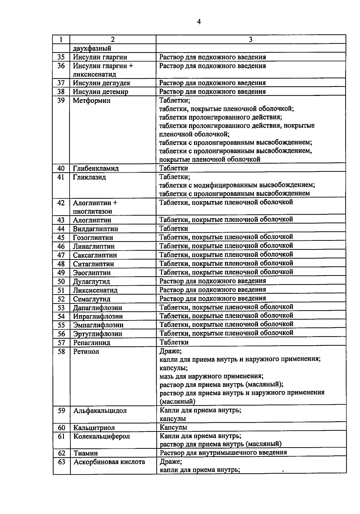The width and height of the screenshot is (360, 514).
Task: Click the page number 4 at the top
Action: tap(199, 22)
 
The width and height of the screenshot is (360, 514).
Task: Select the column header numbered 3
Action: tap(250, 40)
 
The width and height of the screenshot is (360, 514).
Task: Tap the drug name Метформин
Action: tap(91, 100)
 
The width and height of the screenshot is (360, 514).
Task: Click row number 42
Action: tap(61, 203)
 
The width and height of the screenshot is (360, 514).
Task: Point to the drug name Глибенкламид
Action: tap(96, 168)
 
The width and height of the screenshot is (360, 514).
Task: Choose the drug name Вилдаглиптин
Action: tap(95, 229)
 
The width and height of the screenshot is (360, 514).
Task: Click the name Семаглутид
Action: tap(91, 299)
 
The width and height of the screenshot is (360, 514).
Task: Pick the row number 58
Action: tap(61, 351)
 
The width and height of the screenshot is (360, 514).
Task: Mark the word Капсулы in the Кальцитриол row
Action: tap(173, 427)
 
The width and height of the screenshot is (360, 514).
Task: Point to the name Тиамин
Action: tap(85, 453)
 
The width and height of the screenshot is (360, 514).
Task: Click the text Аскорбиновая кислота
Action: tap(109, 462)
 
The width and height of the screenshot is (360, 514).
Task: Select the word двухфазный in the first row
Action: tap(92, 48)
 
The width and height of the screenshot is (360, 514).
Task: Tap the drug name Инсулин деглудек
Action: tap(101, 83)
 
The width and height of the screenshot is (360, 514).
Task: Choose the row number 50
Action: tap(61, 281)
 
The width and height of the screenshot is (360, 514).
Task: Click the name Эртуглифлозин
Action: tap(97, 334)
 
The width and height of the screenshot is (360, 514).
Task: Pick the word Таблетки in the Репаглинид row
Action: tap(174, 342)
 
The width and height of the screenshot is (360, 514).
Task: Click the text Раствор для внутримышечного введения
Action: tap(223, 453)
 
